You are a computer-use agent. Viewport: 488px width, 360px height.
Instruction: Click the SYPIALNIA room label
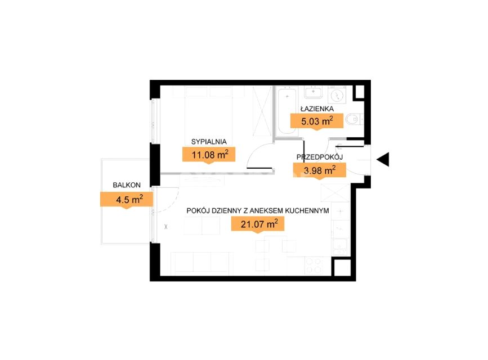point(209,142)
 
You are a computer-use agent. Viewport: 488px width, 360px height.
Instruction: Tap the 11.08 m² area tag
point(209,154)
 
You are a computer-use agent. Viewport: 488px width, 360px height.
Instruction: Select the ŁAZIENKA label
point(317,109)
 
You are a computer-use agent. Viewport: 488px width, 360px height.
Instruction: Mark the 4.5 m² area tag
point(126,199)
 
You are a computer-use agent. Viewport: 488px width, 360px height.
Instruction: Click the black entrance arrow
point(383,160)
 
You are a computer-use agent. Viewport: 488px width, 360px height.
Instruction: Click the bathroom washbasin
point(313,92)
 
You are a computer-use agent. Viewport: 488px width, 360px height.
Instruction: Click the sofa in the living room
point(202,263)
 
